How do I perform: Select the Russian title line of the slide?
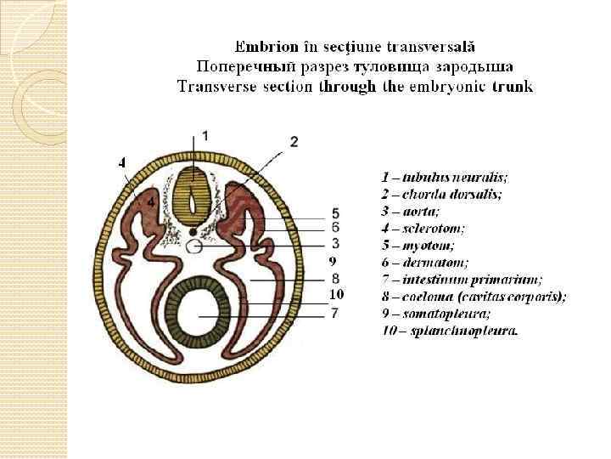click(x=354, y=65)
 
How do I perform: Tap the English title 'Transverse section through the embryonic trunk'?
click(x=355, y=86)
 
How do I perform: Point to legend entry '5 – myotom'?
click(x=415, y=246)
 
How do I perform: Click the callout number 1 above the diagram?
click(x=205, y=135)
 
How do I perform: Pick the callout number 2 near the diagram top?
click(x=294, y=141)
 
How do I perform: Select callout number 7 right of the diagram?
click(x=335, y=314)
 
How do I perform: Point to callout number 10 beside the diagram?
click(x=336, y=294)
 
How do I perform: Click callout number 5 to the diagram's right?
click(x=336, y=212)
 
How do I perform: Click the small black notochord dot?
click(x=193, y=232)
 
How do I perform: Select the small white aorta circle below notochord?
click(x=194, y=247)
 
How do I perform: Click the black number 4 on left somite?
click(x=150, y=202)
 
